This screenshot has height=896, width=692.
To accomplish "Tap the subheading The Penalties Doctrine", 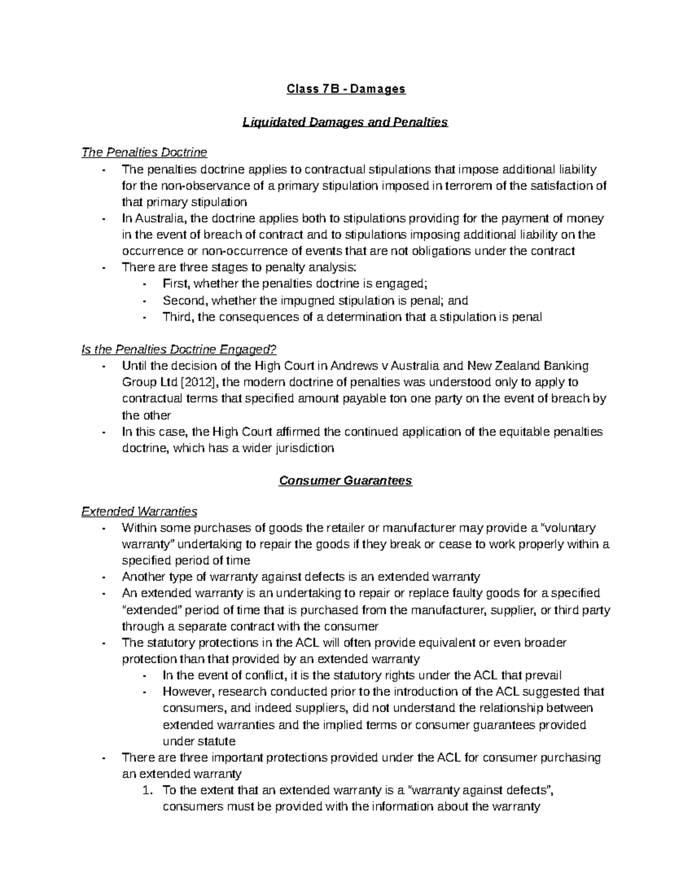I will coord(144,152).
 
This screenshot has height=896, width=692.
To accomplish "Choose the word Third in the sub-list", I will coord(178,317).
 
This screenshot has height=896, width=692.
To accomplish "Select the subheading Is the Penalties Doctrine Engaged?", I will coord(179,349).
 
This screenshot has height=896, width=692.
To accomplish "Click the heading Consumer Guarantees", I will coord(345,481).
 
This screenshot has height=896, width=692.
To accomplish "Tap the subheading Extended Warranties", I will coord(140,511).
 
